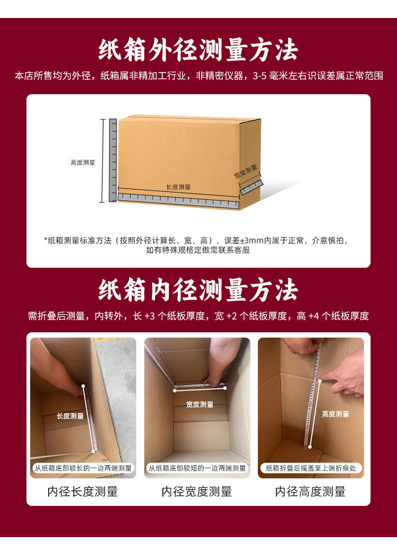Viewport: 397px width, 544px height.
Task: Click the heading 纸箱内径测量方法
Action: (x=198, y=290)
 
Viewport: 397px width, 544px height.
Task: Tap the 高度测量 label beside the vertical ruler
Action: (x=83, y=162)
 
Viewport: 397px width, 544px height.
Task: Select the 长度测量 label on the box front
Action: (x=178, y=187)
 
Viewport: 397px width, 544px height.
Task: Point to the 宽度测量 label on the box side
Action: (x=246, y=172)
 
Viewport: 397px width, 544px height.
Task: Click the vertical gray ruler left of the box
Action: (x=113, y=160)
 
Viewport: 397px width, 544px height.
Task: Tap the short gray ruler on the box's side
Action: (x=251, y=187)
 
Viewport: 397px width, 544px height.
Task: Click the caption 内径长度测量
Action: (x=83, y=491)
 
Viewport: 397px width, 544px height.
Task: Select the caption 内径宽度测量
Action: (x=197, y=491)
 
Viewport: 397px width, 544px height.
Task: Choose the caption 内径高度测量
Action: (x=311, y=491)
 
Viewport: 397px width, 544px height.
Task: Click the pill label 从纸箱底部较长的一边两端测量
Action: (x=83, y=468)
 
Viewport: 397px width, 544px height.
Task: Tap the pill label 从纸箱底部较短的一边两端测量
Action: (x=197, y=468)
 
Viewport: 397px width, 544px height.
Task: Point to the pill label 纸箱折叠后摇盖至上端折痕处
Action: (x=311, y=468)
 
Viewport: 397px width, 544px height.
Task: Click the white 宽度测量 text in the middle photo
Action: (x=200, y=404)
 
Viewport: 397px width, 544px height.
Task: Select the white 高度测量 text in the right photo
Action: (x=336, y=414)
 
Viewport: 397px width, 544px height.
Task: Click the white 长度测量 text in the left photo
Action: (x=70, y=416)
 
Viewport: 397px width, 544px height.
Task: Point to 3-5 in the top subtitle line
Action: (x=259, y=76)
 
